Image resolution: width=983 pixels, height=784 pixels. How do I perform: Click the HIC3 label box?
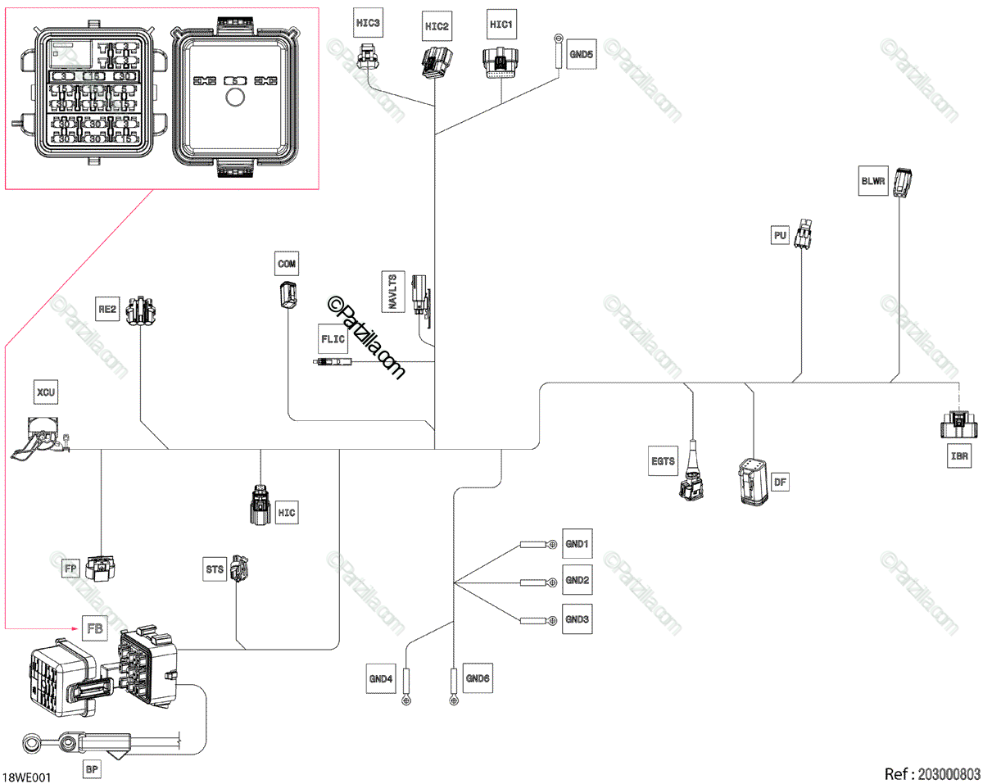(x=368, y=23)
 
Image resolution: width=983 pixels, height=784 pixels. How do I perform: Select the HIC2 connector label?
(x=437, y=27)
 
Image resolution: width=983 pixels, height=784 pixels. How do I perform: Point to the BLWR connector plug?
(x=903, y=182)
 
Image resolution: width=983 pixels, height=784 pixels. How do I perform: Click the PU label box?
(x=780, y=236)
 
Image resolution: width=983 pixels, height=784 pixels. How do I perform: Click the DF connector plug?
(x=752, y=482)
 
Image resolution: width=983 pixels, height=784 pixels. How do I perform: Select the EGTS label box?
(x=663, y=461)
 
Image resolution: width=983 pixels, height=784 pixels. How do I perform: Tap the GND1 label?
(x=578, y=544)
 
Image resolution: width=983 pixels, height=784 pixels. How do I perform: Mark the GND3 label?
(x=578, y=619)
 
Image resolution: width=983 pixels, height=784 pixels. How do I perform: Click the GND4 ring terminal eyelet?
(x=405, y=700)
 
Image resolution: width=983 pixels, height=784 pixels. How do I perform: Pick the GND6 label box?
(x=478, y=678)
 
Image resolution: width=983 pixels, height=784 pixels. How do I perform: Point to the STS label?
(x=215, y=569)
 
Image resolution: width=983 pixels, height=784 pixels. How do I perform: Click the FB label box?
(x=95, y=628)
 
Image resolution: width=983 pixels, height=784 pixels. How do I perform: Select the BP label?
(x=92, y=771)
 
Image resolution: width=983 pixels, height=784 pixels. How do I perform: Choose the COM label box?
(x=287, y=264)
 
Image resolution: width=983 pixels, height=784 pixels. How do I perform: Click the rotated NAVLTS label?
(x=393, y=292)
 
